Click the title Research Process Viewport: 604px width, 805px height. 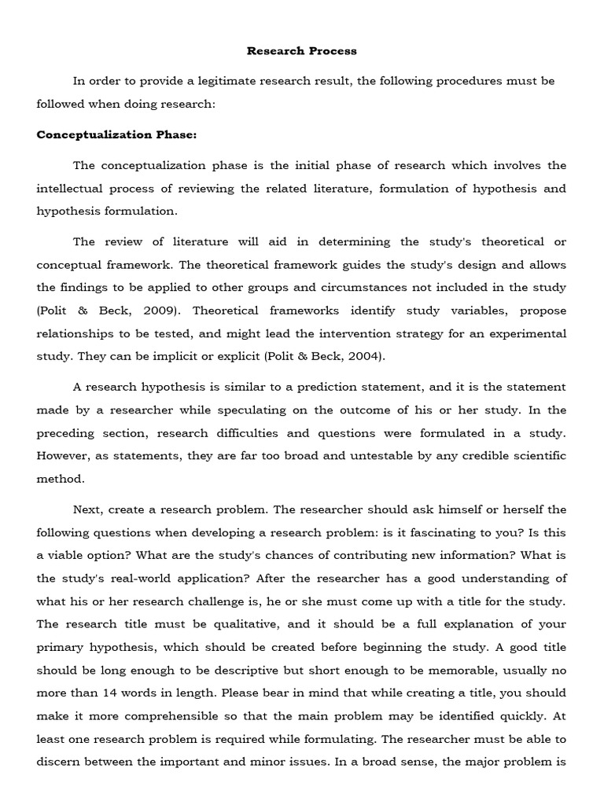[301, 51]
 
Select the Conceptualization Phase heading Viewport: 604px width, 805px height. [116, 134]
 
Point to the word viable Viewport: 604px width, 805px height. [75, 555]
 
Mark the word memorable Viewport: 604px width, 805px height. [447, 670]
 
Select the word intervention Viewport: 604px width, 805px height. [375, 333]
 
